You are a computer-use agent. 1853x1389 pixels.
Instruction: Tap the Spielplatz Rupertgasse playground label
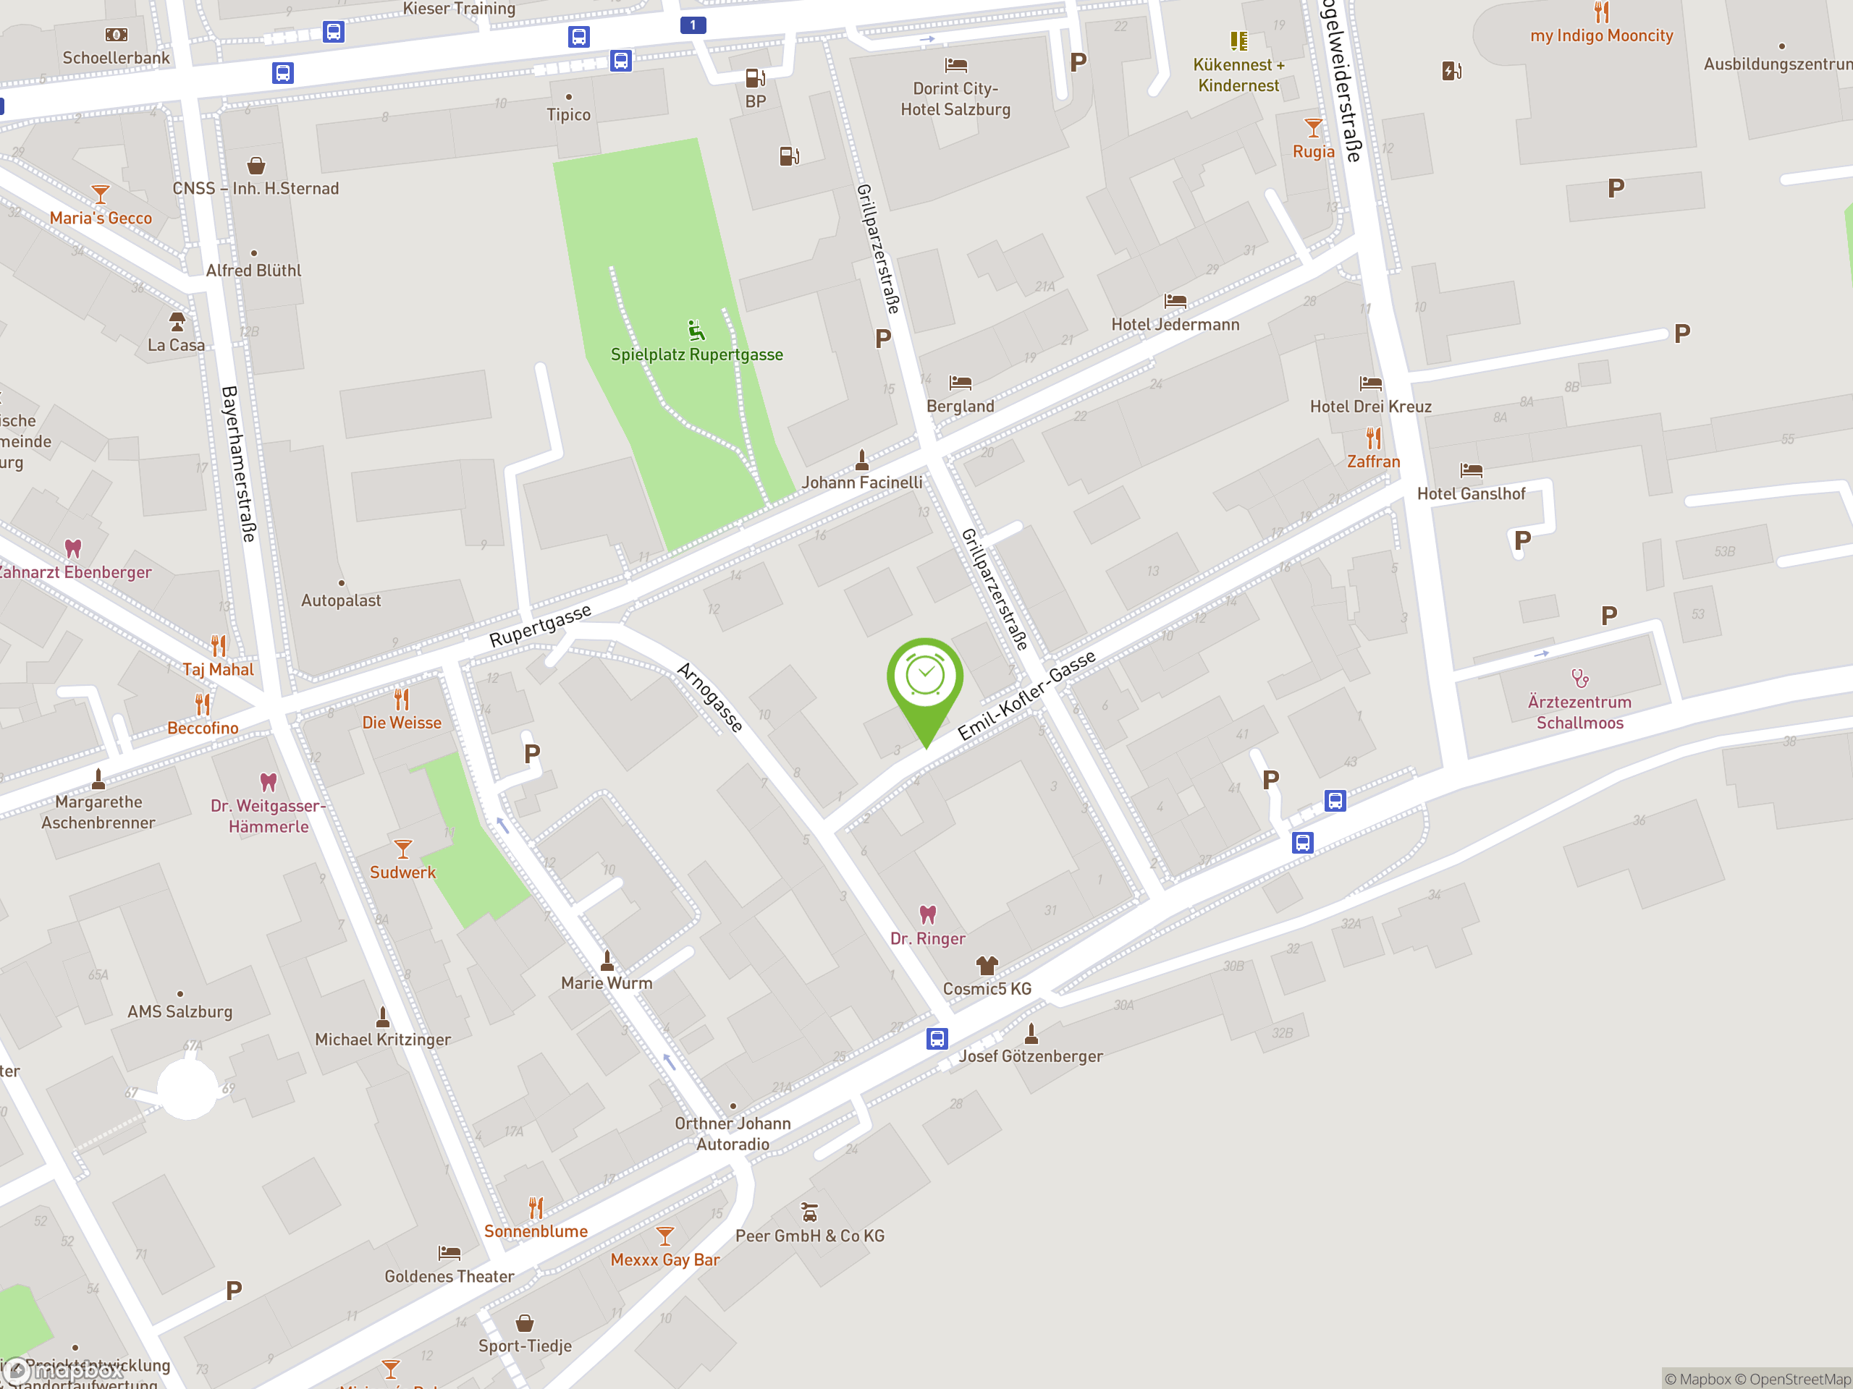(x=696, y=354)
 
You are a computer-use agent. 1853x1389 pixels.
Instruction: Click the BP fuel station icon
(x=755, y=78)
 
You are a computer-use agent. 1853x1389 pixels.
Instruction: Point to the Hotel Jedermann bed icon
(x=1175, y=300)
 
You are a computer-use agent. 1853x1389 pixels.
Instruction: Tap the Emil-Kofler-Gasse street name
(x=1026, y=695)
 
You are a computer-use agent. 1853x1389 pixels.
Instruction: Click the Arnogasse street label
(x=709, y=697)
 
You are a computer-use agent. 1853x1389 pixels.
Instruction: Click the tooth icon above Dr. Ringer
(x=927, y=914)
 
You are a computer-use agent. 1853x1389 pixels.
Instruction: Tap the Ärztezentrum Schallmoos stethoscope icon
(x=1579, y=677)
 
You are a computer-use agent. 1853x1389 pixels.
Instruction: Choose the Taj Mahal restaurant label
(x=218, y=669)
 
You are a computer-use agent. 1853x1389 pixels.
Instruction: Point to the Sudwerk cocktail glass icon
(x=402, y=849)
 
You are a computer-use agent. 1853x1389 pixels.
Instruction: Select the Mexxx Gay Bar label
(x=664, y=1260)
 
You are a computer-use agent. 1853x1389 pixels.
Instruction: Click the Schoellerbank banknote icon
(x=116, y=34)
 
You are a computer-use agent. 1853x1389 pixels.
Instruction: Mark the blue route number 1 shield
(x=693, y=25)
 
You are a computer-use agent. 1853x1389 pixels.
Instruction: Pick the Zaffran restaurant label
(x=1373, y=462)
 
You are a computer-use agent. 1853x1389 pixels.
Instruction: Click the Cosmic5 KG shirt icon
(x=987, y=965)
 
